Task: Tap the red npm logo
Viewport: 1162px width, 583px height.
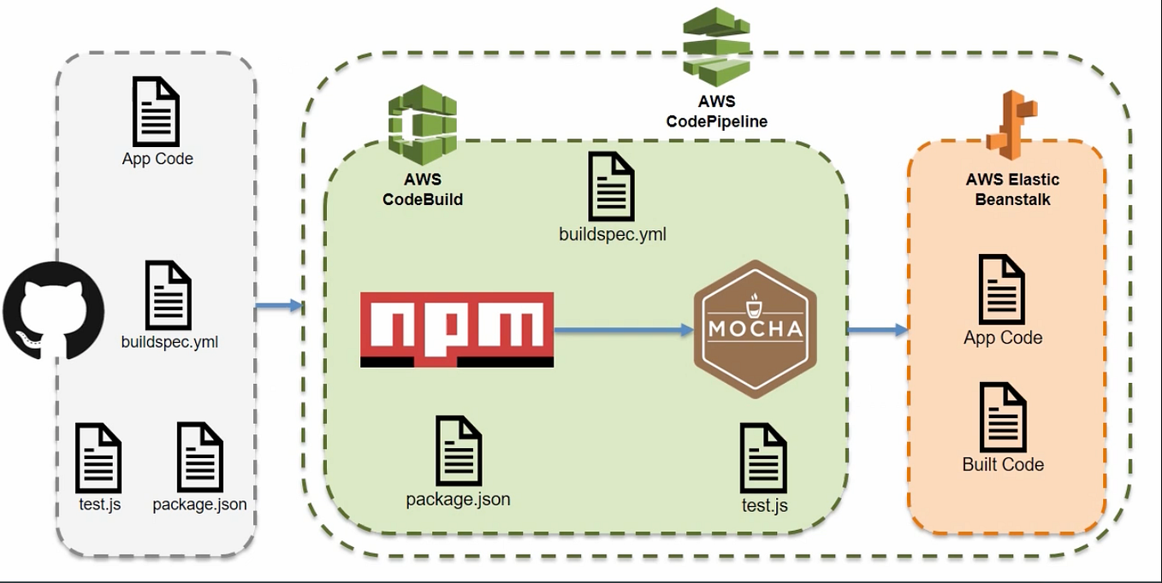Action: coord(457,330)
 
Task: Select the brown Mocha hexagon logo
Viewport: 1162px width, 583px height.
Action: coord(754,329)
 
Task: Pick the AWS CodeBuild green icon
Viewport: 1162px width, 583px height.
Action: coord(422,125)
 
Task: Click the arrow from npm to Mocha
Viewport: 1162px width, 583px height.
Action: coord(624,330)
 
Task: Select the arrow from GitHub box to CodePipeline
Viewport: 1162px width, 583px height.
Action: coord(279,305)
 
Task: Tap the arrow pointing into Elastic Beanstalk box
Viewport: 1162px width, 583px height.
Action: coord(878,330)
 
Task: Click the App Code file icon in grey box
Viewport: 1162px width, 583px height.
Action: coord(157,111)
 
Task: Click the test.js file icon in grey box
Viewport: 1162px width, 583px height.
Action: coord(98,457)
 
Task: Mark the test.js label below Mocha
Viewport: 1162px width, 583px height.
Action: coord(765,505)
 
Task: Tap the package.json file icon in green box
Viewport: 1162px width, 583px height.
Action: coord(459,450)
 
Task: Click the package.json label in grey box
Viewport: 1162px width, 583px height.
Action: coord(199,504)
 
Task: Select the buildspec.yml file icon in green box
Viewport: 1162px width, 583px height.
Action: coord(612,186)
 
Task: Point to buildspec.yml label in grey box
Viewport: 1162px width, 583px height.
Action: coord(169,342)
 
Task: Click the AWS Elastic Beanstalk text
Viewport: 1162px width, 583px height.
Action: coord(1012,189)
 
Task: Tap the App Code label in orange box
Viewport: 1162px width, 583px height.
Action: coord(1003,338)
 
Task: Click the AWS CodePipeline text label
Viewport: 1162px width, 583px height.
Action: coord(716,111)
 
